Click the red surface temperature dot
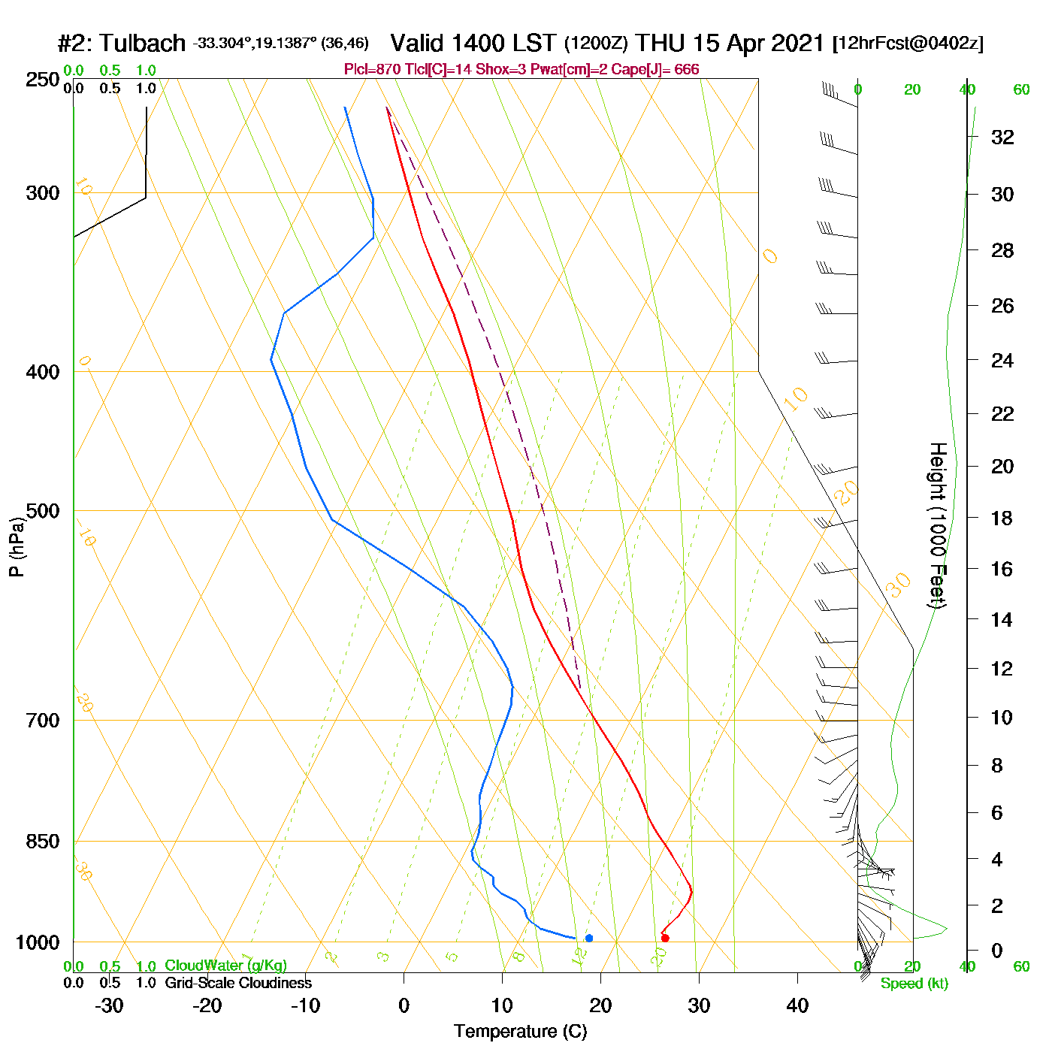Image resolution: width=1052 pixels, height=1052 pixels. pos(665,938)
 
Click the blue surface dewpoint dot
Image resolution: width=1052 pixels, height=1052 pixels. pos(589,938)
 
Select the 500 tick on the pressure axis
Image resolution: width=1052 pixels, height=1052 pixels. pos(43,511)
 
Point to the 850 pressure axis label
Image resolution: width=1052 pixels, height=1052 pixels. pos(43,842)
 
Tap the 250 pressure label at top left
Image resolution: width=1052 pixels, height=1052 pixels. pos(43,80)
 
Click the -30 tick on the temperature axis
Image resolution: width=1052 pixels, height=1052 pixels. pos(109,1005)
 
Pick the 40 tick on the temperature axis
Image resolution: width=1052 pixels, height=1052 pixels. pos(797,1005)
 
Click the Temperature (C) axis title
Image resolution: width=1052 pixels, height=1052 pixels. pos(520,1032)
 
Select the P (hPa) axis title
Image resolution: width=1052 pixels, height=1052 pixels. pos(17,546)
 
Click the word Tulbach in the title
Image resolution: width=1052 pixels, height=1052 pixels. pos(142,44)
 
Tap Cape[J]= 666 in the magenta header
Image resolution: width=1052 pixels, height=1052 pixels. pos(662,70)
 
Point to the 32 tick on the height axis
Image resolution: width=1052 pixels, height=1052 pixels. pos(1002,137)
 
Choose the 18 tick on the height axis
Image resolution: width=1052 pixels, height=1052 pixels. pos(1002,518)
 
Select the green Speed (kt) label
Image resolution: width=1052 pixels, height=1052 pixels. pos(914,984)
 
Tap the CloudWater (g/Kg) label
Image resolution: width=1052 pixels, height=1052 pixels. pos(225,966)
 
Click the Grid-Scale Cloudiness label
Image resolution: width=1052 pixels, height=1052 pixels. pos(238,983)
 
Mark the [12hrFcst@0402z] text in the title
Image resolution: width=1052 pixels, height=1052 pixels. pos(908,44)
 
